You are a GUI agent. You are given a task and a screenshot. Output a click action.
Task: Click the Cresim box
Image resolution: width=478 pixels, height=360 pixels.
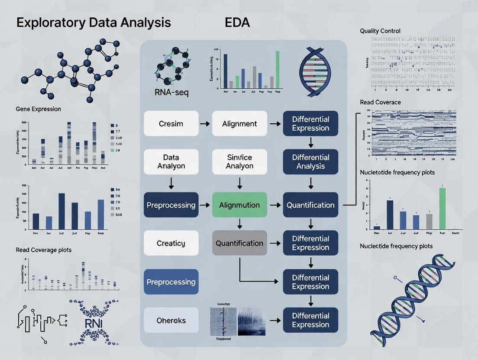point(171,124)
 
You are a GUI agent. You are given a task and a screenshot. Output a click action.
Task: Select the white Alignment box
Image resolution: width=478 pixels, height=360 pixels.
point(239,124)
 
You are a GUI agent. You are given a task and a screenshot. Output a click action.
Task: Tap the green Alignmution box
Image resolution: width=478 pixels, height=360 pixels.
point(239,205)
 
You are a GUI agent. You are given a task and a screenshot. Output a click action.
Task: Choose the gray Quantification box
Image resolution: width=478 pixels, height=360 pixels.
point(239,243)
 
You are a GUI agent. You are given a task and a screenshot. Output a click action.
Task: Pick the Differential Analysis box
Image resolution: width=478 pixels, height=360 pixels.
point(310,162)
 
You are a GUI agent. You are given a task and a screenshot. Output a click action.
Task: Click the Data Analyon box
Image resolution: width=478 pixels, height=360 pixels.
point(171,162)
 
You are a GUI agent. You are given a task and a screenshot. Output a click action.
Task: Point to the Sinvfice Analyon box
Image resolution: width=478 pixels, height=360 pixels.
point(239,162)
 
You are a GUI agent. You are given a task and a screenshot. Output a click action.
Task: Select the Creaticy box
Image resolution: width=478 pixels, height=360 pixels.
point(171,243)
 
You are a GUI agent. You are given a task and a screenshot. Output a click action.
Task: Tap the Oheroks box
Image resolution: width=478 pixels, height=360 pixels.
point(171,321)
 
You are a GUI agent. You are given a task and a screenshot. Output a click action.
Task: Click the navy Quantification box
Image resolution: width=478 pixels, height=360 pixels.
point(310,205)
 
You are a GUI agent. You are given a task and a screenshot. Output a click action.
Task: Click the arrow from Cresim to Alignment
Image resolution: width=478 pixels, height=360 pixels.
point(205,124)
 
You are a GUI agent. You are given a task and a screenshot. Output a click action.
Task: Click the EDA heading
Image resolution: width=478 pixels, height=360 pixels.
point(237,23)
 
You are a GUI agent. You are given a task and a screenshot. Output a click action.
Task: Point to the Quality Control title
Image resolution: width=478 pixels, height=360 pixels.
point(380,31)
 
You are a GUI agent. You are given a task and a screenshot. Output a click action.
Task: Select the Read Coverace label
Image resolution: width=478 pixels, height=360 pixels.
point(380,102)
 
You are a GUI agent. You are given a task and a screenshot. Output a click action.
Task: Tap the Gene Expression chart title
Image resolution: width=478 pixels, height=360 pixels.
point(38,109)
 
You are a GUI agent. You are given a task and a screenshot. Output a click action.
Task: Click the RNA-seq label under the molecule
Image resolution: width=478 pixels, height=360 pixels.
point(171,93)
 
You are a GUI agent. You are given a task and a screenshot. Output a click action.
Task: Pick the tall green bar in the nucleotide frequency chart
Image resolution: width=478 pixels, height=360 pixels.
point(442,208)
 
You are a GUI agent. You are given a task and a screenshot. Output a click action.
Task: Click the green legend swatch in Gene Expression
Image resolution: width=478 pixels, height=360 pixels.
point(113,150)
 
